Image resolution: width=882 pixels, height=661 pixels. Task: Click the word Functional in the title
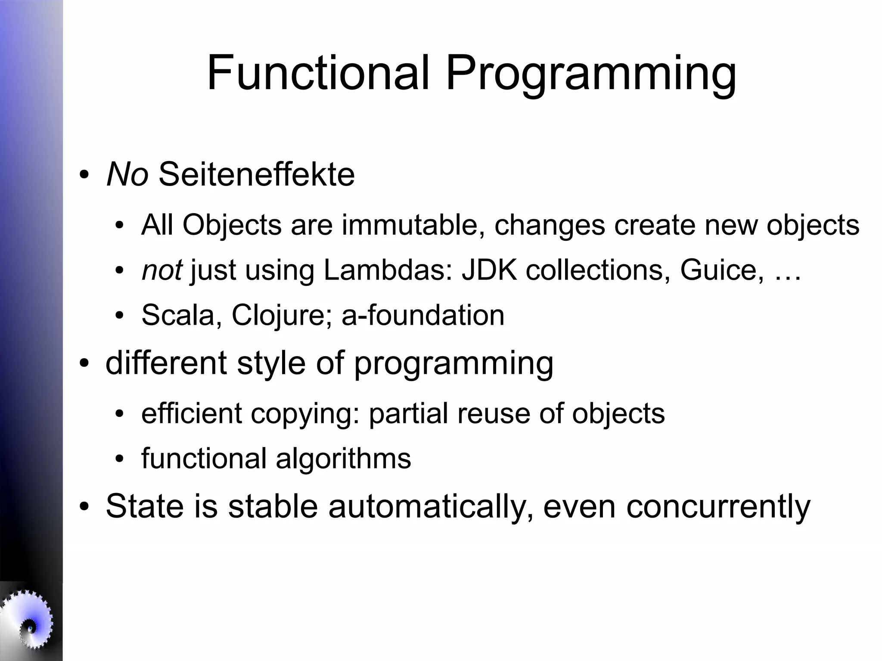318,73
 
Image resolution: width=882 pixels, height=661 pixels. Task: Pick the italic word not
161,270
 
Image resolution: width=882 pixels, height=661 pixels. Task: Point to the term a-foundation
423,315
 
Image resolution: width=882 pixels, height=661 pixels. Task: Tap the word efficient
192,413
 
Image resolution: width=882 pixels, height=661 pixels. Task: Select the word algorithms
343,459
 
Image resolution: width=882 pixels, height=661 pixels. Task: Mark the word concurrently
718,506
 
